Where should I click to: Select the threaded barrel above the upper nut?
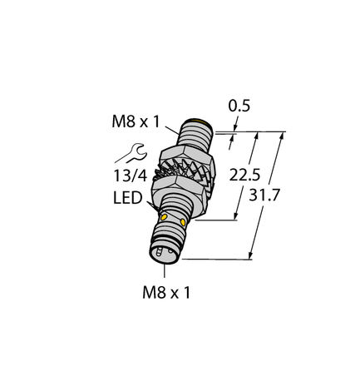coord(196,135)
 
